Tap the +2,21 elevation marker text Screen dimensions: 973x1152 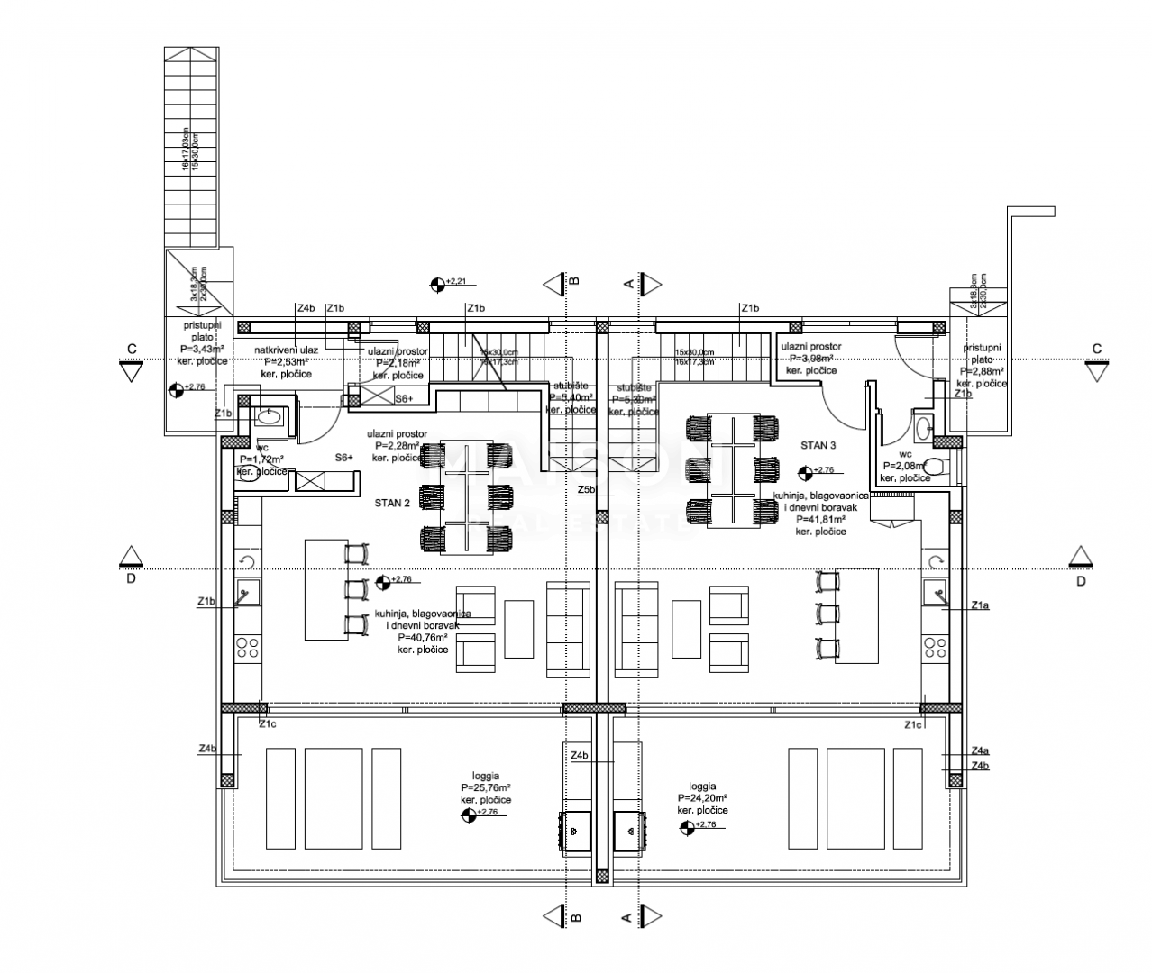pos(456,282)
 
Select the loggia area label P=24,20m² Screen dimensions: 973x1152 pos(702,797)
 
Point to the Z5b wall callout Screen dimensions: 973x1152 pos(587,489)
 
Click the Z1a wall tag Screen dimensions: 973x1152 pos(980,606)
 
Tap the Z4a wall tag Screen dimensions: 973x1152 pos(980,750)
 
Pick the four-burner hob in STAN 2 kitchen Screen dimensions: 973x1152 pos(247,648)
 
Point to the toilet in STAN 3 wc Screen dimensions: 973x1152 pos(936,466)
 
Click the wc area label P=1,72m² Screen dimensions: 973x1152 pos(262,459)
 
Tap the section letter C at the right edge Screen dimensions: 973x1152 pos(1097,349)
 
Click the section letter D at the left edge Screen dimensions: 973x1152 pos(131,579)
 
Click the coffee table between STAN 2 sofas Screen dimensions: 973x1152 pos(518,629)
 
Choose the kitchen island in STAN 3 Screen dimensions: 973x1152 pos(856,614)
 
